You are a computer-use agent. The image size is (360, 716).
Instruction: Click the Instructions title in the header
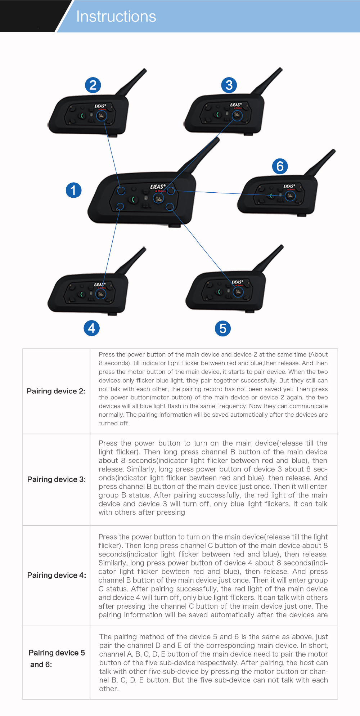pyautogui.click(x=116, y=17)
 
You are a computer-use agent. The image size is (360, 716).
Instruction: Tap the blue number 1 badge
pyautogui.click(x=73, y=190)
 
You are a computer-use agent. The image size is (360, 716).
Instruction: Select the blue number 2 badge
pyautogui.click(x=93, y=85)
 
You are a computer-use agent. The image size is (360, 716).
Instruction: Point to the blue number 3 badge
pyautogui.click(x=229, y=85)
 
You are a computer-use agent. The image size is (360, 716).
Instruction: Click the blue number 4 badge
pyautogui.click(x=91, y=328)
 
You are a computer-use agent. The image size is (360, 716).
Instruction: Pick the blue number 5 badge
pyautogui.click(x=222, y=328)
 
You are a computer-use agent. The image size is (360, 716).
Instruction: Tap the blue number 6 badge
pyautogui.click(x=280, y=166)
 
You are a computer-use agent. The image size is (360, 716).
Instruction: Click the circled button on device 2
pyautogui.click(x=102, y=116)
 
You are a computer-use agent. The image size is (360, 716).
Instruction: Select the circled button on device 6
pyautogui.click(x=290, y=196)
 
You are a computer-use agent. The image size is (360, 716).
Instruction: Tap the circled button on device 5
pyautogui.click(x=238, y=291)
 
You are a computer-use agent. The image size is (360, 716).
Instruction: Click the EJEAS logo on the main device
pyautogui.click(x=158, y=187)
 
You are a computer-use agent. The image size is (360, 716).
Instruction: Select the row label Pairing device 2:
pyautogui.click(x=56, y=391)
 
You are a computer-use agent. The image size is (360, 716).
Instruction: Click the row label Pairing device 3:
pyautogui.click(x=57, y=479)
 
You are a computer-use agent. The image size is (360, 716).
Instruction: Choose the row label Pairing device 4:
pyautogui.click(x=57, y=575)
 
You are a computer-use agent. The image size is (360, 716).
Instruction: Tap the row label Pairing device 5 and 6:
pyautogui.click(x=57, y=658)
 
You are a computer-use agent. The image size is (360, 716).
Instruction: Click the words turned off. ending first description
pyautogui.click(x=114, y=423)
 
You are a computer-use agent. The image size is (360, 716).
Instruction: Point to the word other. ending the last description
pyautogui.click(x=109, y=689)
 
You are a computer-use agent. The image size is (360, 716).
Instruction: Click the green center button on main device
pyautogui.click(x=134, y=200)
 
